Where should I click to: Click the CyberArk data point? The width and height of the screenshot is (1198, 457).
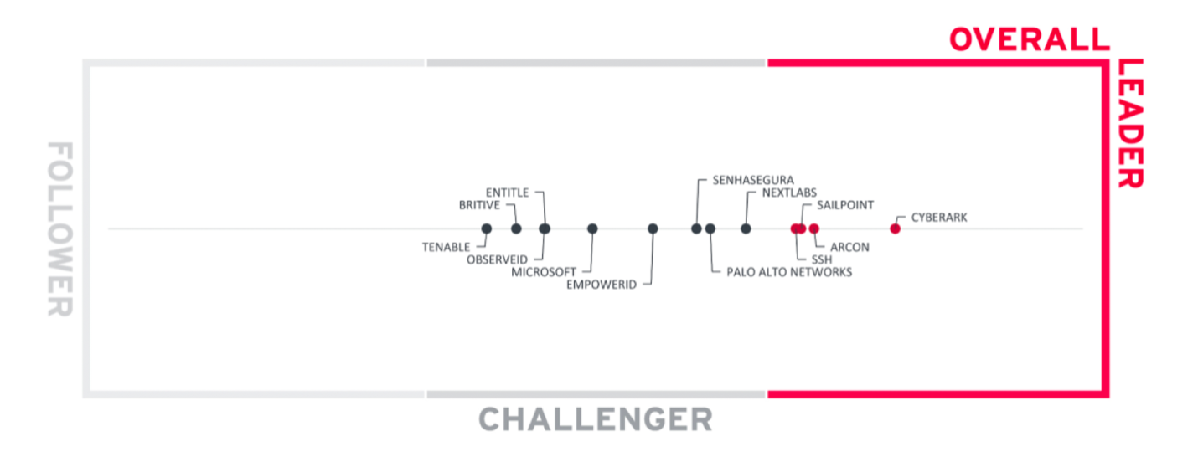pos(895,228)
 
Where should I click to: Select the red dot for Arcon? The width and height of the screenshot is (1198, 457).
pos(813,228)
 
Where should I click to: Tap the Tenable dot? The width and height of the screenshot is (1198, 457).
pos(486,228)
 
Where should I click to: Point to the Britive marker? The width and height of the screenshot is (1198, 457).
pos(516,228)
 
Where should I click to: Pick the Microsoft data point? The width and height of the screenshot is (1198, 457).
pos(592,228)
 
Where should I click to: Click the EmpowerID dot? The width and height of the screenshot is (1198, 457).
pos(653,228)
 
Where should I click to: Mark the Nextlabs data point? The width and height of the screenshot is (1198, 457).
pos(746,228)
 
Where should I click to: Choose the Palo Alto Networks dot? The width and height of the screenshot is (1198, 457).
pos(710,228)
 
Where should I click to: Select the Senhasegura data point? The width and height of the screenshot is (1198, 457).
pos(696,228)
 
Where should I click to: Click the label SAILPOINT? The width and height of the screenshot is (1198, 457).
pos(845,205)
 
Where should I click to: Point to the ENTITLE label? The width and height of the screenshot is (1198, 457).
pos(508,193)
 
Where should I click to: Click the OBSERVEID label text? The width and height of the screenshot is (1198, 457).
pos(498,259)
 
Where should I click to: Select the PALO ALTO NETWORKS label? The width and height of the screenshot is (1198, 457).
pos(788,272)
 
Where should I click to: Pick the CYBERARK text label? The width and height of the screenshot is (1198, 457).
pos(939,218)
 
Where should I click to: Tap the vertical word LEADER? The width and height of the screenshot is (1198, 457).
pos(1130,123)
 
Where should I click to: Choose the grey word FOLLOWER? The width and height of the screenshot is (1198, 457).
pos(59,228)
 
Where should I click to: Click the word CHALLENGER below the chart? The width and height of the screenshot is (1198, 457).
pos(596,418)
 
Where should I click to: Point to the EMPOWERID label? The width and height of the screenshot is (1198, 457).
pos(602,285)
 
